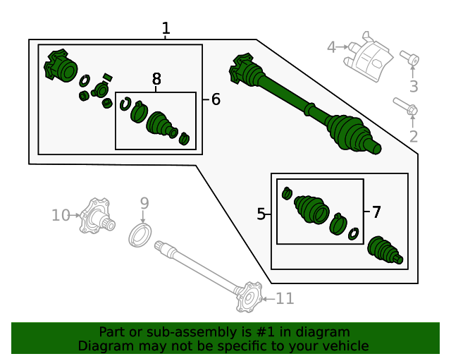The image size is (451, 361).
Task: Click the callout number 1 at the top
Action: pyautogui.click(x=166, y=29)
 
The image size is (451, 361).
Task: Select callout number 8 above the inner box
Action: pyautogui.click(x=156, y=80)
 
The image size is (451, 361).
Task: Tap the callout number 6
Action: pyautogui.click(x=216, y=99)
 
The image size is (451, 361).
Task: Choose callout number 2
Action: pyautogui.click(x=414, y=137)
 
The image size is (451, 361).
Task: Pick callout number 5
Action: pyautogui.click(x=261, y=214)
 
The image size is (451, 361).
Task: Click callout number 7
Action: pyautogui.click(x=376, y=212)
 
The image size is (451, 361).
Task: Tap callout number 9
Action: pyautogui.click(x=144, y=204)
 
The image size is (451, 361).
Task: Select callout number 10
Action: pyautogui.click(x=61, y=214)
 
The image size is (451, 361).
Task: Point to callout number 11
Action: pyautogui.click(x=285, y=299)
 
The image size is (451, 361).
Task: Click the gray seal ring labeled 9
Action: pyautogui.click(x=140, y=234)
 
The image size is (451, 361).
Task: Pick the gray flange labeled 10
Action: pyautogui.click(x=97, y=216)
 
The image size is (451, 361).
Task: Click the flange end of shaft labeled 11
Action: pyautogui.click(x=248, y=297)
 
